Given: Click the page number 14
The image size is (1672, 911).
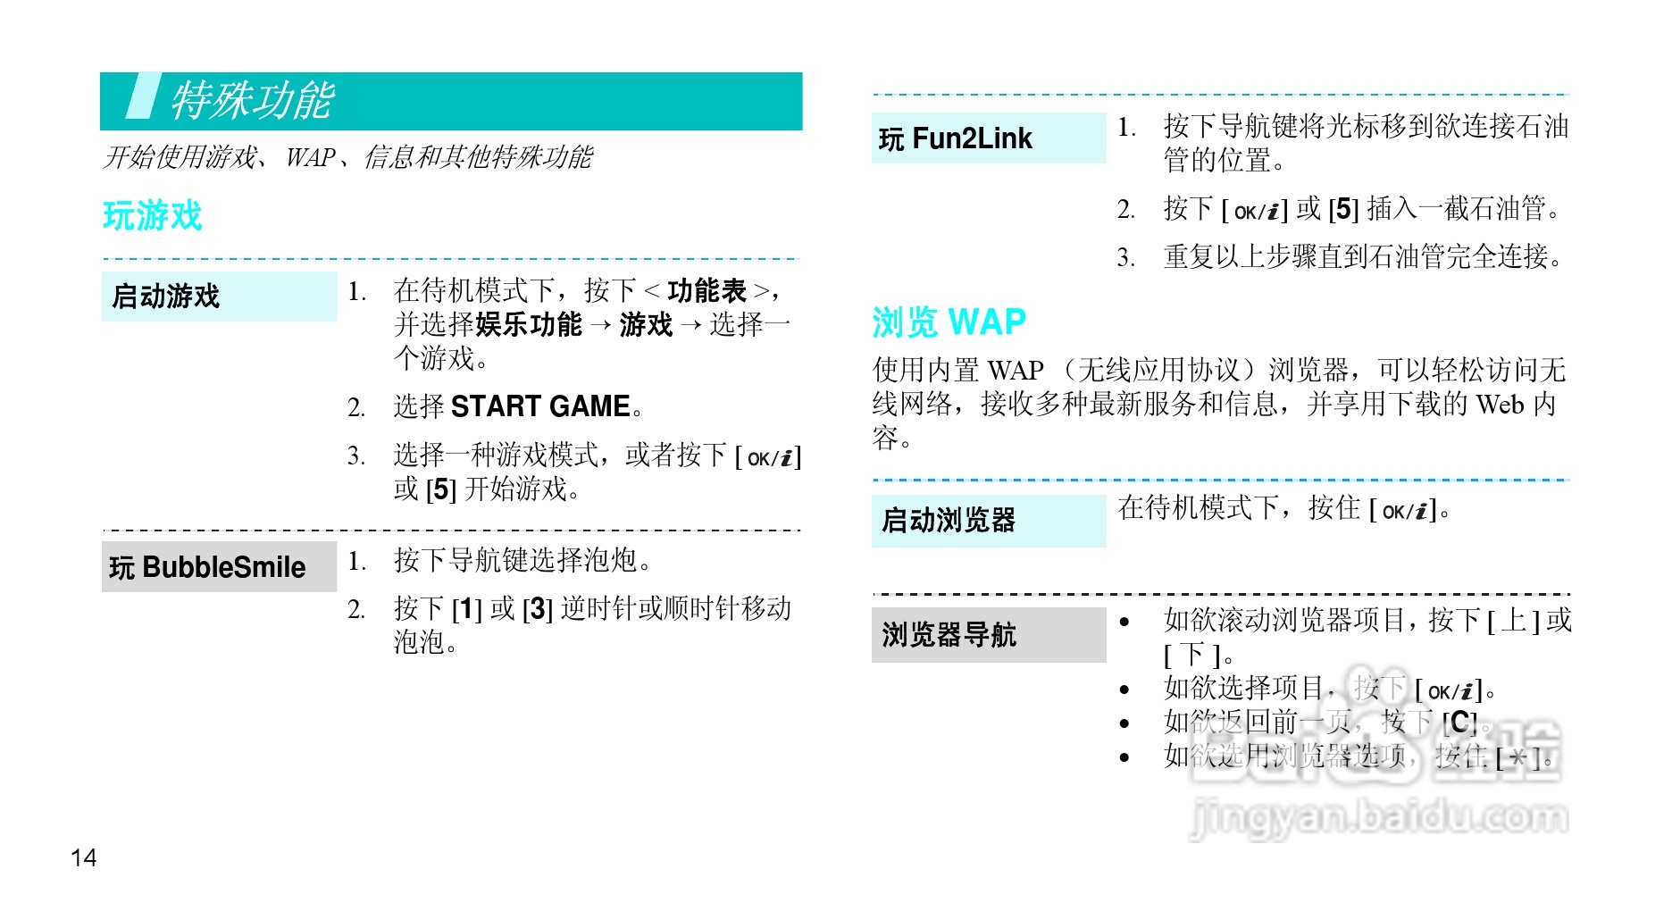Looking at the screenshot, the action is pyautogui.click(x=83, y=858).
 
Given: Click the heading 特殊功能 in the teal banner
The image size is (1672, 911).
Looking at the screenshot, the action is pyautogui.click(x=252, y=100).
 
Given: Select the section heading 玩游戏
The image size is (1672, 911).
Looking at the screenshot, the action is pyautogui.click(x=153, y=216).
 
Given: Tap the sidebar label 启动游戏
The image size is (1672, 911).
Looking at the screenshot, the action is pyautogui.click(x=166, y=297).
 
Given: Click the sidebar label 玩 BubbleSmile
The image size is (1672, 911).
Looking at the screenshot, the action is pyautogui.click(x=207, y=567).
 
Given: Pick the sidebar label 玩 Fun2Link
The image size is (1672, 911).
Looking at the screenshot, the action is pyautogui.click(x=955, y=139).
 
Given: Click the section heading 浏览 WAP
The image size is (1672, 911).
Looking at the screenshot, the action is pyautogui.click(x=949, y=322).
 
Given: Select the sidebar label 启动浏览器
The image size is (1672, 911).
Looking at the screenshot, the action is pyautogui.click(x=949, y=520).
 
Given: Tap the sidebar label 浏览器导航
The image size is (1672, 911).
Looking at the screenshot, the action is pyautogui.click(x=949, y=635).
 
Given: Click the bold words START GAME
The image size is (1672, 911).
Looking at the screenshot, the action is pyautogui.click(x=540, y=406).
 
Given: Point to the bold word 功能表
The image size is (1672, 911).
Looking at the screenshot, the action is pyautogui.click(x=706, y=291).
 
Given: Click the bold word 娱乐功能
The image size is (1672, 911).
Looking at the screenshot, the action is pyautogui.click(x=529, y=325).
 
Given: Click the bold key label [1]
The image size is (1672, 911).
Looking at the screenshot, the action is pyautogui.click(x=466, y=610).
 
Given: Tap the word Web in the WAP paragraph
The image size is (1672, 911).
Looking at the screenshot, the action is pyautogui.click(x=1500, y=405).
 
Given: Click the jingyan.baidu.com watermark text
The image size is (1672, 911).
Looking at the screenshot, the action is pyautogui.click(x=1379, y=816).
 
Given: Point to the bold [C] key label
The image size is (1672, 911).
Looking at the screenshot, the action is pyautogui.click(x=1458, y=723).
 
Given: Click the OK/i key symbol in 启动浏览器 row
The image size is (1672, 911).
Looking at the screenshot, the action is pyautogui.click(x=1405, y=511).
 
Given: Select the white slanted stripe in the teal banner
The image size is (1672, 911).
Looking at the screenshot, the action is pyautogui.click(x=143, y=96).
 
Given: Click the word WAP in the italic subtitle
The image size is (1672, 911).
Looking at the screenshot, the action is pyautogui.click(x=310, y=158).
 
